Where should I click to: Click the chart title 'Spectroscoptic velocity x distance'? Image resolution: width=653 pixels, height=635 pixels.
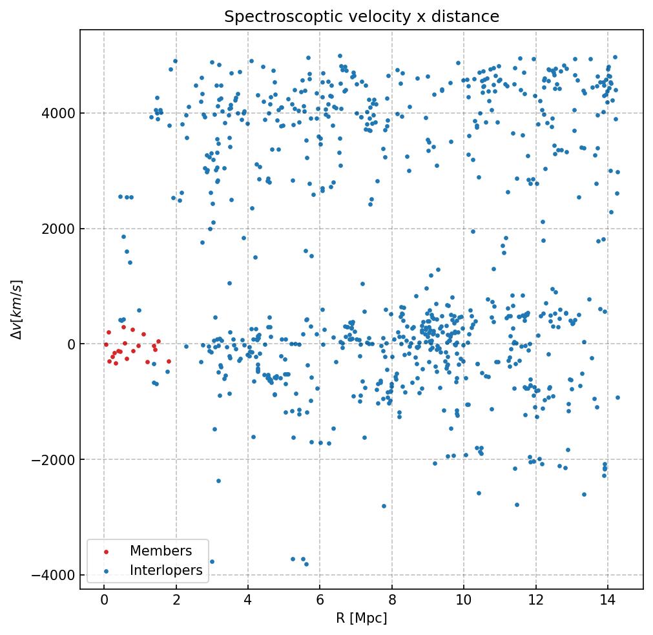pos(362,17)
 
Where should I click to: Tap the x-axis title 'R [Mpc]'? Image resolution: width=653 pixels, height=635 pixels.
pos(361,618)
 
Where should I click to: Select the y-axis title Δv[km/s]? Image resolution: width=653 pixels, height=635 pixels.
pos(17,309)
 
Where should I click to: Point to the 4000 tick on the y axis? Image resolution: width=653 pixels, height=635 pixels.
pos(59,114)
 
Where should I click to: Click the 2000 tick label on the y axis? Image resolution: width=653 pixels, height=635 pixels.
pos(59,229)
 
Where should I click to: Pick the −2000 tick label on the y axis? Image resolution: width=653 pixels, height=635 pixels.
pos(56,460)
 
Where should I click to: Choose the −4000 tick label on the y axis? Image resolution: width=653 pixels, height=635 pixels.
pos(56,575)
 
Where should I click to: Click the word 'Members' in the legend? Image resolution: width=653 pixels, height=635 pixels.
pos(161,551)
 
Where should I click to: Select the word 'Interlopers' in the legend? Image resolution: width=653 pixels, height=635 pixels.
pos(166,570)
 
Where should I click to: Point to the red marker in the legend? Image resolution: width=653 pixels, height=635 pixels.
pos(107,552)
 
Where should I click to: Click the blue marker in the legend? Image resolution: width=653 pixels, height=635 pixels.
pos(107,571)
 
